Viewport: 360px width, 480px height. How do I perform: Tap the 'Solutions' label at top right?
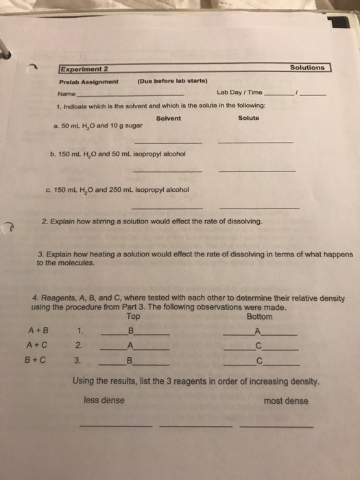click(307, 68)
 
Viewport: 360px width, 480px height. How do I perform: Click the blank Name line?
click(130, 94)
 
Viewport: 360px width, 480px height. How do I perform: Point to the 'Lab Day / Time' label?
click(239, 93)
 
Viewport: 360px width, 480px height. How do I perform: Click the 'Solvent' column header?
click(169, 118)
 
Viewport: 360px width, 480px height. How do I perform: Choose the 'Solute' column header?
click(248, 118)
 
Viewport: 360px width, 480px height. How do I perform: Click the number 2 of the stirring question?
click(45, 221)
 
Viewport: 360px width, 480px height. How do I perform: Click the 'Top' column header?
click(133, 317)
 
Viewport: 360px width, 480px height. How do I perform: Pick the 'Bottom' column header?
click(259, 317)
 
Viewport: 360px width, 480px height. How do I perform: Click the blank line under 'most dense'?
click(276, 426)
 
